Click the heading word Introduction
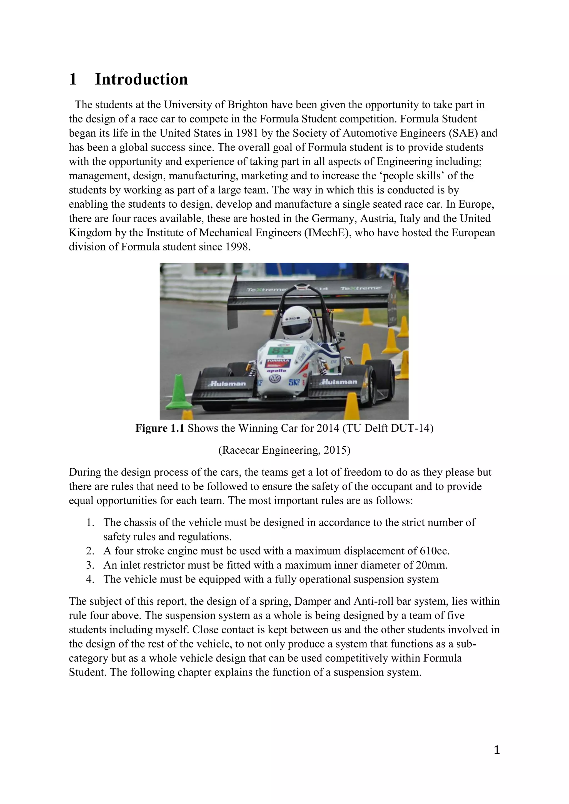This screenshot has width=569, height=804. tap(141, 79)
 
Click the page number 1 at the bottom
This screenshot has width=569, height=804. tap(496, 750)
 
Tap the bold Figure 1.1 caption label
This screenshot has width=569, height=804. tap(160, 428)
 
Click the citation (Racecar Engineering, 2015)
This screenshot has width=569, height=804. tap(284, 450)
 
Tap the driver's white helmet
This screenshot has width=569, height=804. tap(298, 322)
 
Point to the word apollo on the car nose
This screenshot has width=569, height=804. tap(276, 370)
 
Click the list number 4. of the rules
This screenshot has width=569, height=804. tap(90, 579)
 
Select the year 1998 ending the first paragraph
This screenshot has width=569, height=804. tap(238, 247)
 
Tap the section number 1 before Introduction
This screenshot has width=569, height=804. tap(73, 79)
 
